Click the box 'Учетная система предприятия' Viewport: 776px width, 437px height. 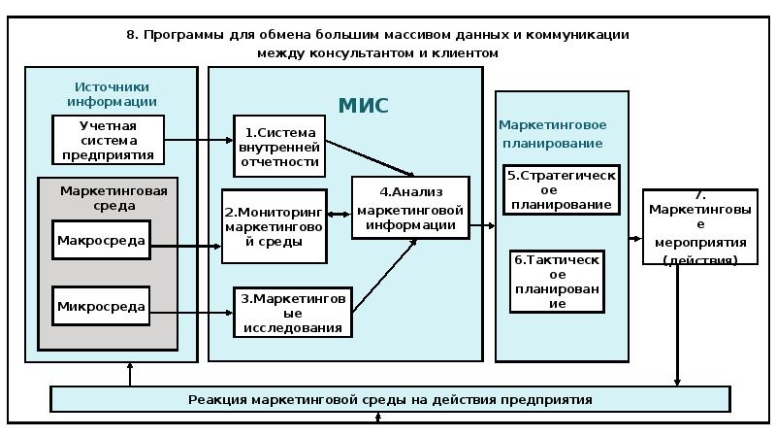click(x=107, y=140)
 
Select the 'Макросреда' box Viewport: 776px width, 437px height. click(x=102, y=240)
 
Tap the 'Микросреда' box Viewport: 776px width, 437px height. click(x=102, y=308)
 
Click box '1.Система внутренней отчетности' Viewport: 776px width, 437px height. click(x=279, y=146)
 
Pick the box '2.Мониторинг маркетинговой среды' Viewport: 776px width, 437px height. click(x=274, y=226)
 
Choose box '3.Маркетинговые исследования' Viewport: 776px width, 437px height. click(x=292, y=313)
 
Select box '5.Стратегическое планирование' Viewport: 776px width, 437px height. click(x=562, y=190)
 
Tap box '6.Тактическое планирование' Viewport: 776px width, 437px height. click(x=557, y=282)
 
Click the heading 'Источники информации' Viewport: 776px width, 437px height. click(x=112, y=94)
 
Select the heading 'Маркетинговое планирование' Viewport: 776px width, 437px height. click(x=552, y=134)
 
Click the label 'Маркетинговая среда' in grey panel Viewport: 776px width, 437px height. click(x=113, y=198)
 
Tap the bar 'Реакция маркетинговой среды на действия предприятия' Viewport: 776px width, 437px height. click(x=390, y=399)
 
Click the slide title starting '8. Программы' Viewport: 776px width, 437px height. click(x=378, y=44)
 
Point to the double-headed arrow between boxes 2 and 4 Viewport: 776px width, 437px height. click(x=339, y=215)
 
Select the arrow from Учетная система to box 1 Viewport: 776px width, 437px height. click(x=198, y=140)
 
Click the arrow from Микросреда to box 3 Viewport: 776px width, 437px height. click(x=192, y=312)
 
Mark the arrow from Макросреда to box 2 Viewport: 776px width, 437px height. click(x=186, y=247)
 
